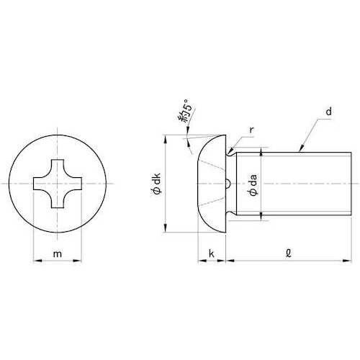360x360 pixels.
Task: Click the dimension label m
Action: (x=58, y=253)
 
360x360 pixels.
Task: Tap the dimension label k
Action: (x=212, y=254)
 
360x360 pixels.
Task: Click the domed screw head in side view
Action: (x=209, y=184)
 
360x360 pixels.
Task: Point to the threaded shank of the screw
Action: (x=302, y=184)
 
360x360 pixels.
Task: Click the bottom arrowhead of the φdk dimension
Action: (x=167, y=230)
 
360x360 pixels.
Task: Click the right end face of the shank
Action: (x=347, y=184)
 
